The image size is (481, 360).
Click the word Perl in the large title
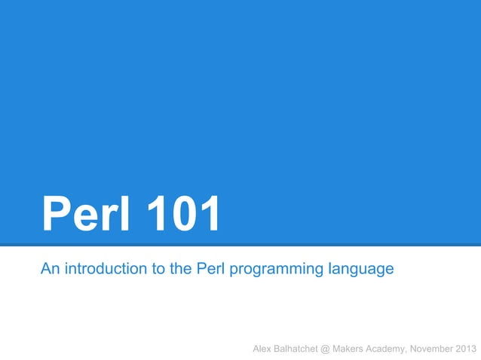tap(82, 214)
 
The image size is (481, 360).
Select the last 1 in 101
tap(208, 214)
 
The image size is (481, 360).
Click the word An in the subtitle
tap(50, 268)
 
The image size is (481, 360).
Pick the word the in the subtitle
tap(180, 268)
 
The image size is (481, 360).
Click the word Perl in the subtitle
tap(211, 268)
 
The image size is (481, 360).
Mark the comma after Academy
tap(412, 351)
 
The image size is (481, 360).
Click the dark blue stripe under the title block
tap(240, 245)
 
